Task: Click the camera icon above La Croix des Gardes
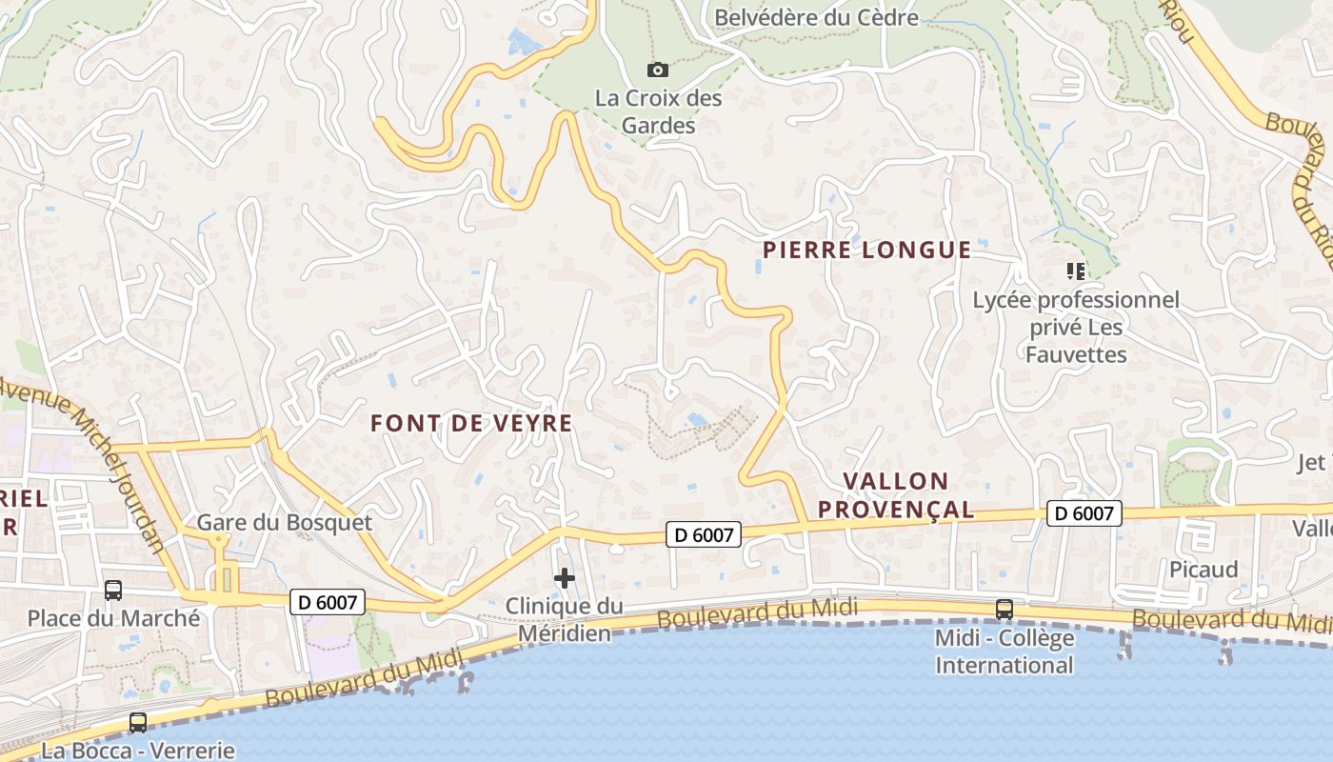[657, 70]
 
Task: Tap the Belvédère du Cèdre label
[816, 17]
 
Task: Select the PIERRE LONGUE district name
[866, 251]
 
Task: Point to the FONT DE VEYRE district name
[471, 424]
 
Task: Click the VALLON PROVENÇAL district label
[896, 495]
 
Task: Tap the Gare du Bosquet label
[284, 523]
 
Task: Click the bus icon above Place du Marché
[113, 591]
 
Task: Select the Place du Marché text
[113, 618]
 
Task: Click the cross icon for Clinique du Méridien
[565, 578]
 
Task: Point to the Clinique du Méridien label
[564, 619]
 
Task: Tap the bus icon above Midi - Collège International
[1004, 610]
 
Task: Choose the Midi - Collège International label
[1004, 652]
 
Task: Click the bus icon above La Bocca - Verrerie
[138, 723]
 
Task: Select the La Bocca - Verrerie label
[138, 751]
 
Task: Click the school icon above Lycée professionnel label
[1076, 271]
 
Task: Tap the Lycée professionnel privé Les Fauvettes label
[1076, 328]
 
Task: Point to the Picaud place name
[1204, 570]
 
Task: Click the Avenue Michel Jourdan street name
[86, 457]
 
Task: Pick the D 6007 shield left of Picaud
[1084, 513]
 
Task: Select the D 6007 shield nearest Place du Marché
[326, 602]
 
